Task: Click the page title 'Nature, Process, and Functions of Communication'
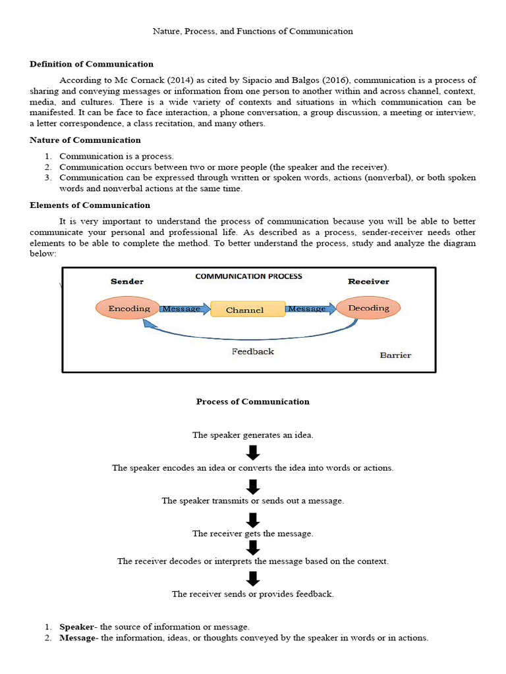[253, 31]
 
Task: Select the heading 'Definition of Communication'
[92, 64]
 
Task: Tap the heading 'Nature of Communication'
[85, 140]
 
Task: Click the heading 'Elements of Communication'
[90, 205]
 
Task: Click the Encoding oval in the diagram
[129, 308]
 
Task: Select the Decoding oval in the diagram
[368, 308]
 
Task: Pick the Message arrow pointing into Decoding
[309, 309]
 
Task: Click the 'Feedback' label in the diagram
[252, 351]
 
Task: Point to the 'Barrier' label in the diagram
[395, 355]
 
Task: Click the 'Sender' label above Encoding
[127, 281]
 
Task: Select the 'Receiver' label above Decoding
[368, 281]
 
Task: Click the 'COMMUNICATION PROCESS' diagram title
[248, 276]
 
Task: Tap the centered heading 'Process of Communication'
[252, 402]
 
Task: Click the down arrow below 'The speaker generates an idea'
[253, 452]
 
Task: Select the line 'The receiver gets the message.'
[253, 534]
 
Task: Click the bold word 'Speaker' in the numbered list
[76, 627]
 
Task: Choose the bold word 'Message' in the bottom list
[78, 637]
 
